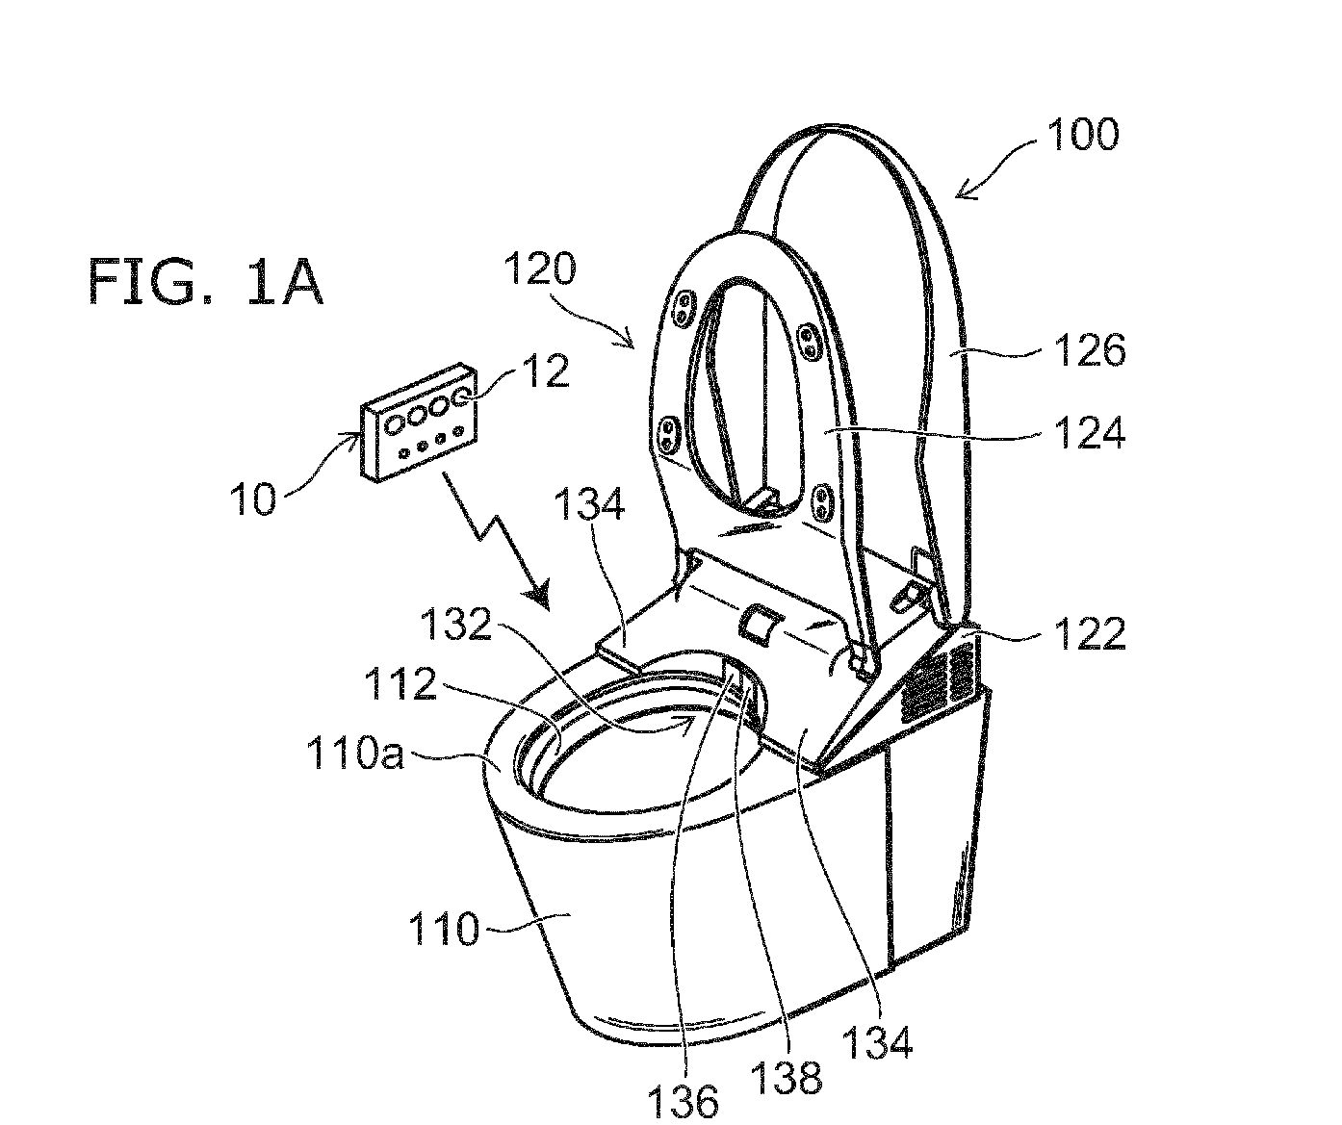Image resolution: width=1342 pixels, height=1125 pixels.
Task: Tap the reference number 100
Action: [1083, 135]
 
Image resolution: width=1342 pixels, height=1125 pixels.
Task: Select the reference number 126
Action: [1090, 350]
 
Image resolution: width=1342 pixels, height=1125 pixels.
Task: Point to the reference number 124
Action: [1090, 433]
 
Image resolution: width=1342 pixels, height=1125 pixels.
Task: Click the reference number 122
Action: [1090, 633]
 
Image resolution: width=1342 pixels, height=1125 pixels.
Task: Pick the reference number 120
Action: [540, 268]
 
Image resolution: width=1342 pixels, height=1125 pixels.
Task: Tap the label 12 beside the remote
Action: [546, 371]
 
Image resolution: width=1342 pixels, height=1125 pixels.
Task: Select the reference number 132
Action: [455, 624]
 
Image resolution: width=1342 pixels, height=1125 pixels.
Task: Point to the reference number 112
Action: [400, 683]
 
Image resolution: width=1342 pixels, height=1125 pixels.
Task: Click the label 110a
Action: [355, 753]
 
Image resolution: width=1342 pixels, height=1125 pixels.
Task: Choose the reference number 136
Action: [683, 1101]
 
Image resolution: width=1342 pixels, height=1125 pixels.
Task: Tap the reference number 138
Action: [787, 1078]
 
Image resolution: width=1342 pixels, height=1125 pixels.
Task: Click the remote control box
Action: [419, 422]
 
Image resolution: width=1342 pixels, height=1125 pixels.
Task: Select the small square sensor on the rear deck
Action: [761, 625]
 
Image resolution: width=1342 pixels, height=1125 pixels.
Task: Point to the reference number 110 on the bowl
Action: [444, 929]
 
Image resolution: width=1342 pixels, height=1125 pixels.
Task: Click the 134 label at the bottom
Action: [877, 1041]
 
